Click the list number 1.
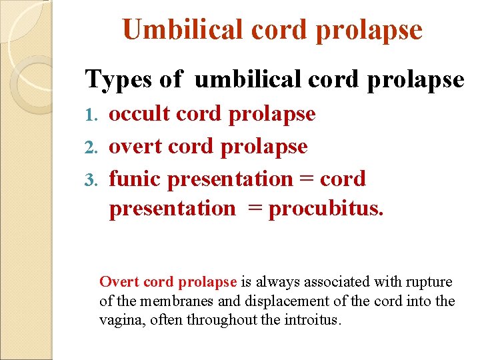[94, 115]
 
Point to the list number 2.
[93, 147]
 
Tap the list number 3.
[93, 180]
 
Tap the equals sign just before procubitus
[255, 209]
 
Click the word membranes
[171, 301]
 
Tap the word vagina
[119, 321]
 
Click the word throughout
[220, 320]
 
